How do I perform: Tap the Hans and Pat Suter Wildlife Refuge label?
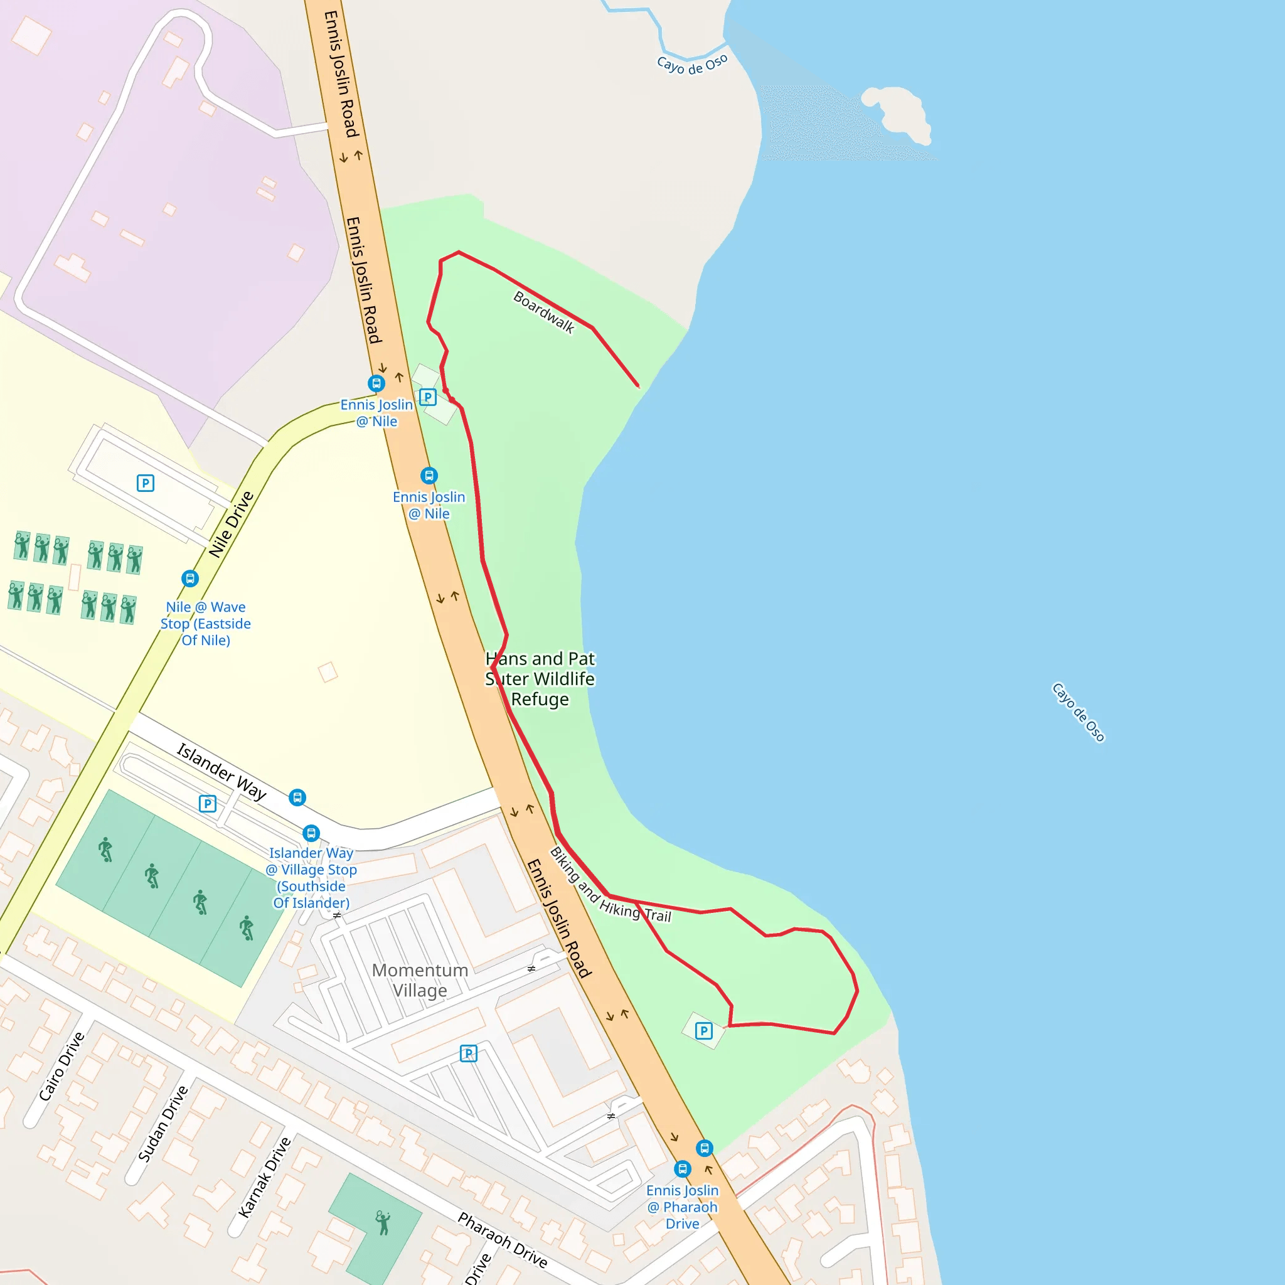[x=540, y=678]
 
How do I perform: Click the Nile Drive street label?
[x=231, y=525]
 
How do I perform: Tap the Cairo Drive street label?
[x=61, y=1066]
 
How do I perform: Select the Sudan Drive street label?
[x=163, y=1123]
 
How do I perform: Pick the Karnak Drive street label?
[x=264, y=1177]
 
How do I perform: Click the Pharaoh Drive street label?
[x=503, y=1240]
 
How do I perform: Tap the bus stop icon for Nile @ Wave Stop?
[x=190, y=579]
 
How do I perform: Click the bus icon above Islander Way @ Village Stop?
[x=311, y=833]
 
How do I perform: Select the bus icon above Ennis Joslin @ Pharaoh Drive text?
[x=683, y=1168]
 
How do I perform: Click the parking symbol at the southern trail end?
[x=704, y=1031]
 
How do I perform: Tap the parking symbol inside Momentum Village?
[x=468, y=1053]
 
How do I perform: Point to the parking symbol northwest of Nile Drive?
[x=146, y=483]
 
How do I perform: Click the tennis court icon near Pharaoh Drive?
[x=383, y=1222]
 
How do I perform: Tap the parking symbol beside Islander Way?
[x=208, y=804]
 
